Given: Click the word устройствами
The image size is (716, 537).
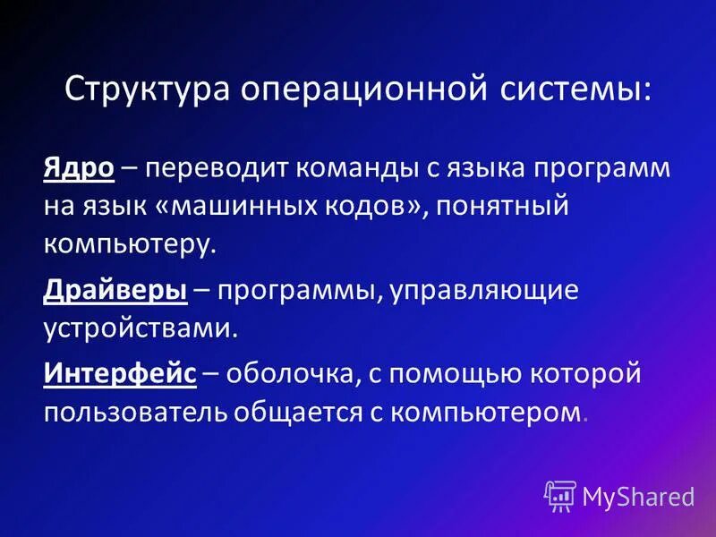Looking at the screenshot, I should point(141,328).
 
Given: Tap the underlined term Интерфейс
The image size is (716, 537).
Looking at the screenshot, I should point(120,373).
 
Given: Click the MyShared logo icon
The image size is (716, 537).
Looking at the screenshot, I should point(559,495).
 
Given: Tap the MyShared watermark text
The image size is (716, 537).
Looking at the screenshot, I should point(639,496).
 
